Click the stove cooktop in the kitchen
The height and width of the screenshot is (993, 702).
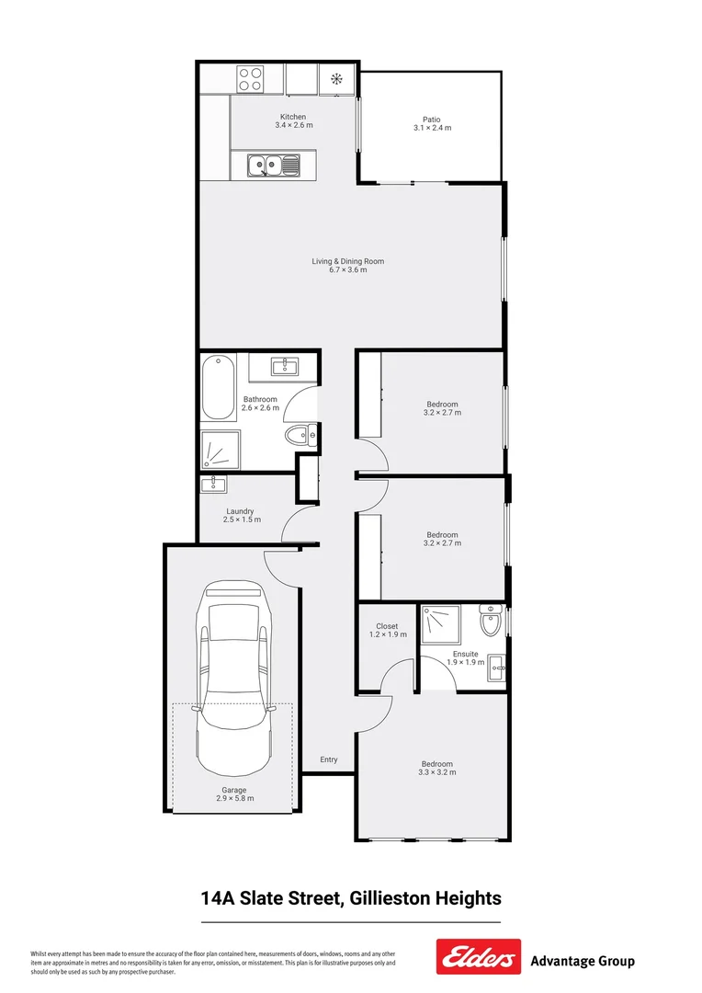[x=251, y=78]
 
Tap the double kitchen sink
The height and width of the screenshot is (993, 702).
[x=273, y=166]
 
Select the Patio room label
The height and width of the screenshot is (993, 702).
[x=431, y=120]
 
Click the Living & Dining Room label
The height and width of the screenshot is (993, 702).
[x=347, y=261]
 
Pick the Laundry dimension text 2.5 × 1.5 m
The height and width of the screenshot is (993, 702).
[x=242, y=520]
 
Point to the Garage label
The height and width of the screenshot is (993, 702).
[x=232, y=790]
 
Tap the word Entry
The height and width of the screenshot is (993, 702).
[x=329, y=759]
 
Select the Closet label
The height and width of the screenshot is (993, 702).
[x=387, y=626]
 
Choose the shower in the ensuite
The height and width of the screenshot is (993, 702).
[x=444, y=623]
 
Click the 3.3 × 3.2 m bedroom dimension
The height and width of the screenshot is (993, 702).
[x=437, y=772]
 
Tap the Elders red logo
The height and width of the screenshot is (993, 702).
[x=478, y=957]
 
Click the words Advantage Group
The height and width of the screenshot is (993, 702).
[x=583, y=962]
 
